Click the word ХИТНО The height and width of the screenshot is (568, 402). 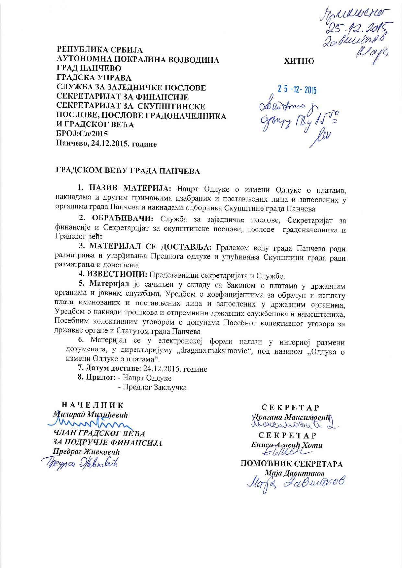tap(299, 61)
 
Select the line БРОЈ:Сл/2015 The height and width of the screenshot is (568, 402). tap(82, 134)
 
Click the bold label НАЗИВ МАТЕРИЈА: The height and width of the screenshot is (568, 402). tap(128, 188)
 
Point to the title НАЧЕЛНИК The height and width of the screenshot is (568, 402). tap(92, 405)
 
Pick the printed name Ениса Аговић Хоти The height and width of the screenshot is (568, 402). tap(287, 445)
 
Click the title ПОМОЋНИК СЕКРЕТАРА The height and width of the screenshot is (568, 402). tap(291, 464)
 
